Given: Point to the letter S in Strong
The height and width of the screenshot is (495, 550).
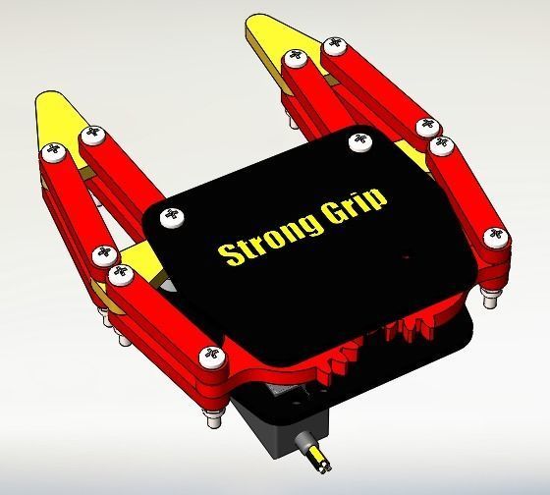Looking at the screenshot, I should click(x=230, y=255).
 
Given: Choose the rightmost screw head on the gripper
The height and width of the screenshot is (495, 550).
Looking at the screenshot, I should click(x=496, y=236).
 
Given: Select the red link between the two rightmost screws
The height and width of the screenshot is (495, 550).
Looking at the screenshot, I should click(x=467, y=192).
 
